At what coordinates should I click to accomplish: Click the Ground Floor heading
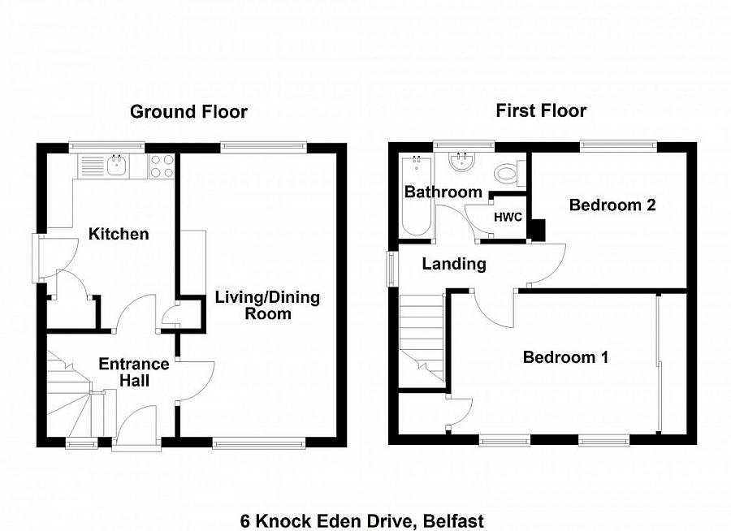click(x=188, y=112)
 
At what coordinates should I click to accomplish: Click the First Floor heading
click(x=541, y=111)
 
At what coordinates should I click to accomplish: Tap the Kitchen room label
click(x=119, y=235)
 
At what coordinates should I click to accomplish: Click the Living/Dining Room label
click(x=267, y=305)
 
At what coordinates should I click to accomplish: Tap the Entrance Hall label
click(x=134, y=372)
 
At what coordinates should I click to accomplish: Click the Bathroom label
click(x=443, y=192)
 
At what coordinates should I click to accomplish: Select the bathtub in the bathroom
click(x=414, y=195)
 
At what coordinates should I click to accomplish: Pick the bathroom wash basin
click(x=462, y=162)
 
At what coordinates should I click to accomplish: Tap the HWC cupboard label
click(x=508, y=217)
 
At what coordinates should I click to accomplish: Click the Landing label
click(x=454, y=264)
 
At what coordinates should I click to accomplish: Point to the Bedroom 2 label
click(x=612, y=205)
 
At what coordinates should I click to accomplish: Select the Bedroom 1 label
click(x=565, y=357)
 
